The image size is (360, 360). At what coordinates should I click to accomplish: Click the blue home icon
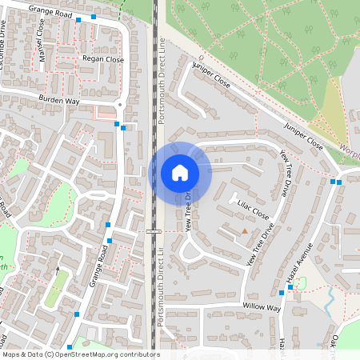pyautogui.click(x=180, y=172)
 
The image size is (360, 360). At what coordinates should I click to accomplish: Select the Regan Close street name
pyautogui.click(x=103, y=59)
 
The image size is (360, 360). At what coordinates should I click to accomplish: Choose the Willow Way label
pyautogui.click(x=262, y=307)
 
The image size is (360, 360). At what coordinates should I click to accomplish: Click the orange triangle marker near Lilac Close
pyautogui.click(x=245, y=231)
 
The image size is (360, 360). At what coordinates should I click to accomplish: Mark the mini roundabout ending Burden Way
pyautogui.click(x=120, y=105)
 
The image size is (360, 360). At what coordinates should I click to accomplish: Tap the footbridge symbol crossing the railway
pyautogui.click(x=154, y=230)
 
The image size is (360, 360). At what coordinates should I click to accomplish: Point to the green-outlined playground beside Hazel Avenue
pyautogui.click(x=299, y=283)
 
